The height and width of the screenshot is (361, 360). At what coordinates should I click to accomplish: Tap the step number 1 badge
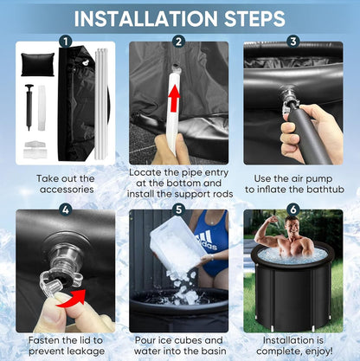[x=66, y=42]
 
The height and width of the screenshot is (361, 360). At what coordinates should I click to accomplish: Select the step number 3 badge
[x=293, y=42]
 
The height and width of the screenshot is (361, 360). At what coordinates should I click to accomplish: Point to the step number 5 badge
[x=178, y=210]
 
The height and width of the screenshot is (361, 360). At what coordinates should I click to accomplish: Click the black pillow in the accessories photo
[x=37, y=64]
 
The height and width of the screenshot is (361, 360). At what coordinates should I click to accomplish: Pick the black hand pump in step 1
[x=29, y=106]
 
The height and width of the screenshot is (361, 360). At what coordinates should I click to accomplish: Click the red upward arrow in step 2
[x=174, y=99]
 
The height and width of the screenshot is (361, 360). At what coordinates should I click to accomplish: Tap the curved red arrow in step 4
[x=72, y=298]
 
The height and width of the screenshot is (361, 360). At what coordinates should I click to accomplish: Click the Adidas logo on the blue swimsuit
[x=207, y=240]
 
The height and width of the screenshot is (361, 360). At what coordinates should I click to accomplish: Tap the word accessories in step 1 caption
[x=67, y=190]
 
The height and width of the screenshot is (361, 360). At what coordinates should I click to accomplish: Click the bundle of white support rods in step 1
[x=101, y=104]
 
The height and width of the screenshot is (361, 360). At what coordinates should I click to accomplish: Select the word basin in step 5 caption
[x=213, y=351]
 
